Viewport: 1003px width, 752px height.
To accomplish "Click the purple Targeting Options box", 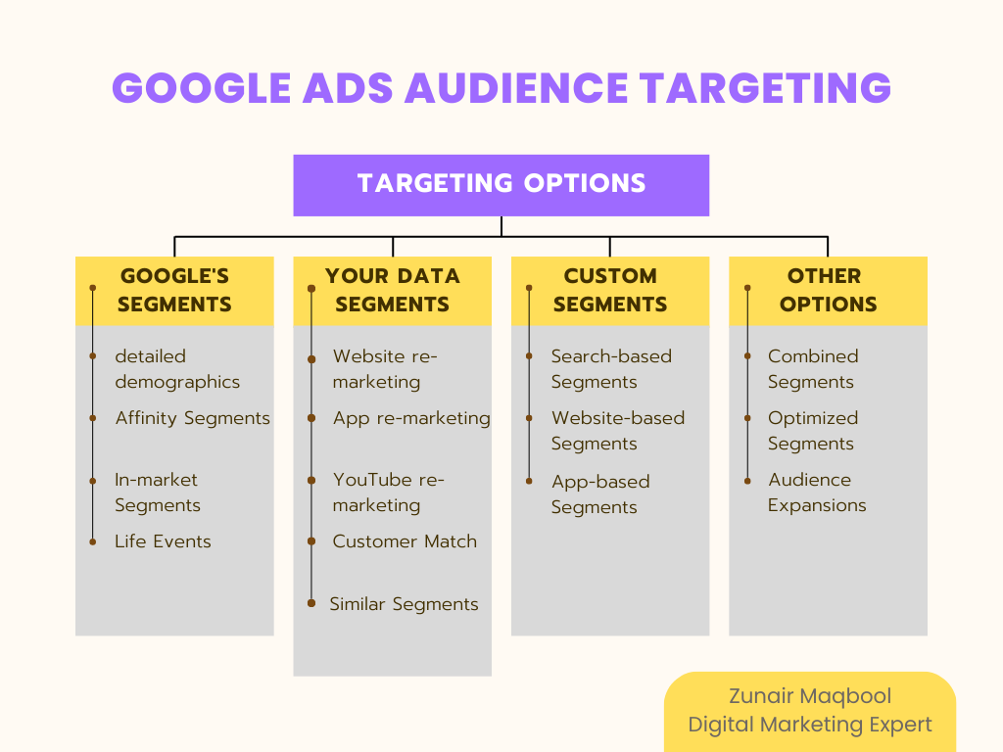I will (501, 184).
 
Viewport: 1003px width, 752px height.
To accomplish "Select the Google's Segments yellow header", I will (174, 290).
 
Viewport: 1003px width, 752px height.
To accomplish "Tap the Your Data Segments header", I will (392, 290).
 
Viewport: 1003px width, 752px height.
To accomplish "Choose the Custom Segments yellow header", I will (609, 290).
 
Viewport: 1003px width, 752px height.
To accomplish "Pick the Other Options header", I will (828, 290).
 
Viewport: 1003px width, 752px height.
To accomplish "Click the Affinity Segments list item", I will (192, 418).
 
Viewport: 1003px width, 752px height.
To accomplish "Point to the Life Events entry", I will (163, 541).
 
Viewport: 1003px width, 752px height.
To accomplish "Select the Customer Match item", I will (405, 541).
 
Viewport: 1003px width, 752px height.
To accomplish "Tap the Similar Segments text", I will (404, 604).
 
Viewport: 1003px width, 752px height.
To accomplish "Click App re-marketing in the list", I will (411, 418).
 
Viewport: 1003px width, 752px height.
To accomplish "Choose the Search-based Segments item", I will (610, 369).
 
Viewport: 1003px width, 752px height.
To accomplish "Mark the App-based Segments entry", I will (599, 494).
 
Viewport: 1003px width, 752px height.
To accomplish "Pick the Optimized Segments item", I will (812, 431).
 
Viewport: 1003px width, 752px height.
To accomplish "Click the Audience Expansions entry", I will (817, 493).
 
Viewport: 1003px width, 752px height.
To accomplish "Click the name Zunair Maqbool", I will (809, 696).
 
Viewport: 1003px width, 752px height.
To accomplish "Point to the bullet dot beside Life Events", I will (93, 541).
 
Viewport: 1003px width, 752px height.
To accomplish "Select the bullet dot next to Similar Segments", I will (311, 603).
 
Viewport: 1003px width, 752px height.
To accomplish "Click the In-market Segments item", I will (157, 493).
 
